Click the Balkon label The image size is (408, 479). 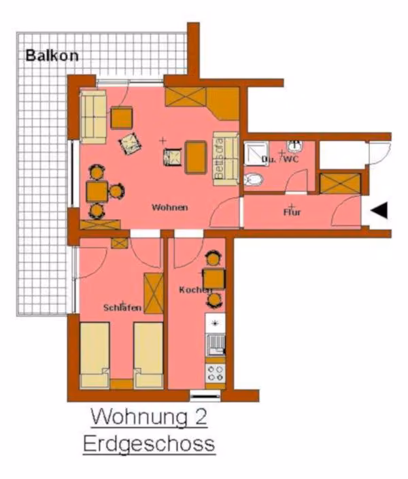(x=52, y=56)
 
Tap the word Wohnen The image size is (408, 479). (x=170, y=208)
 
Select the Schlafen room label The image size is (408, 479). (x=122, y=308)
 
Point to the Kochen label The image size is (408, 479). (x=195, y=290)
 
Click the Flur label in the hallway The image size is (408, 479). (x=292, y=212)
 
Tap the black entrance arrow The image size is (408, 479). (x=379, y=210)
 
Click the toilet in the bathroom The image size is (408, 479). (x=254, y=180)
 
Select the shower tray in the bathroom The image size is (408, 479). (x=256, y=154)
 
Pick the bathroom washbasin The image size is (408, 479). (x=294, y=146)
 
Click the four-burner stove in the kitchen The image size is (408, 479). (x=216, y=373)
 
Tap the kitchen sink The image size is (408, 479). (x=216, y=344)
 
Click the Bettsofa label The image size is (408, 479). (x=220, y=159)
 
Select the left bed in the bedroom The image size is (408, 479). (x=95, y=356)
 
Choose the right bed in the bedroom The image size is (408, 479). (x=148, y=356)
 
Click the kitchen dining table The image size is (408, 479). (x=214, y=278)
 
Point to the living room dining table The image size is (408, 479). (x=97, y=192)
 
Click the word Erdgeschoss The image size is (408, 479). (x=149, y=444)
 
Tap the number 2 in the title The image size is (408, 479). (x=201, y=416)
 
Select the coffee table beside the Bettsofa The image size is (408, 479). (x=196, y=157)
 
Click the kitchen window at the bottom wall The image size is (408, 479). (x=205, y=396)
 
